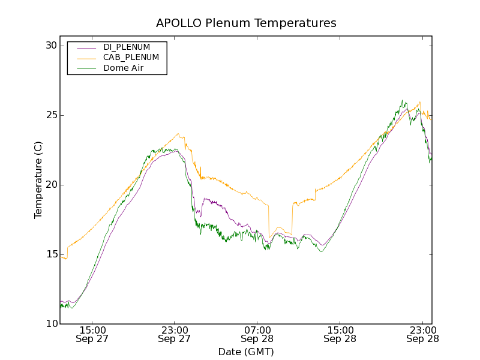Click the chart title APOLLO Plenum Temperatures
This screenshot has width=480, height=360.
point(246,23)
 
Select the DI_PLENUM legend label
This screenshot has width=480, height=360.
point(127,47)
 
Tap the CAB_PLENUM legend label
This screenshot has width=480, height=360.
point(131,58)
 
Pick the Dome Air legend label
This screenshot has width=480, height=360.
point(123,68)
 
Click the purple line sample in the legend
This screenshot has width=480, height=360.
point(86,47)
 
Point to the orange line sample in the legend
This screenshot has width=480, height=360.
point(86,58)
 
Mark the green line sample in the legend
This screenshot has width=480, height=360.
point(86,68)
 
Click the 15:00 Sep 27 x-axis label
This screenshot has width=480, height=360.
point(92,334)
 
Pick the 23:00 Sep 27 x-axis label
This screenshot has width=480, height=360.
point(175,334)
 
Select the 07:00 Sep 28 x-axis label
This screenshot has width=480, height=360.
point(257,334)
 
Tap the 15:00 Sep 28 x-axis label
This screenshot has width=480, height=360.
point(340,334)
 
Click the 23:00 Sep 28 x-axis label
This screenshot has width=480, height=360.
point(422,334)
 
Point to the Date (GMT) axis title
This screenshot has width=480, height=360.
point(246,352)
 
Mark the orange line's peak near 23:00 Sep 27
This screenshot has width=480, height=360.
point(178,134)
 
